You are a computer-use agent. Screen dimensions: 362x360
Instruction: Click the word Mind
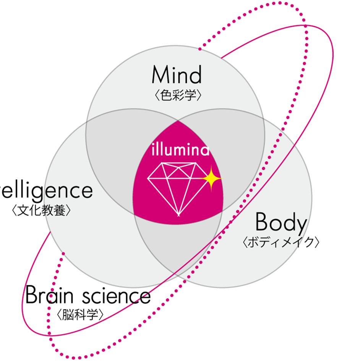pos(177,75)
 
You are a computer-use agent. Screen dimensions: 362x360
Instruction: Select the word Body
pos(281,223)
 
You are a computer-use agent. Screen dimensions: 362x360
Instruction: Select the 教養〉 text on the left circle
pos(55,211)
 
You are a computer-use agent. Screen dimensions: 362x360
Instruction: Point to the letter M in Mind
pos(160,75)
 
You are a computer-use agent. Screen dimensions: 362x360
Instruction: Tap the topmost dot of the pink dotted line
pos(281,134)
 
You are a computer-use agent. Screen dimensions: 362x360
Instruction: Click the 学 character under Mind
pos(191,95)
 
